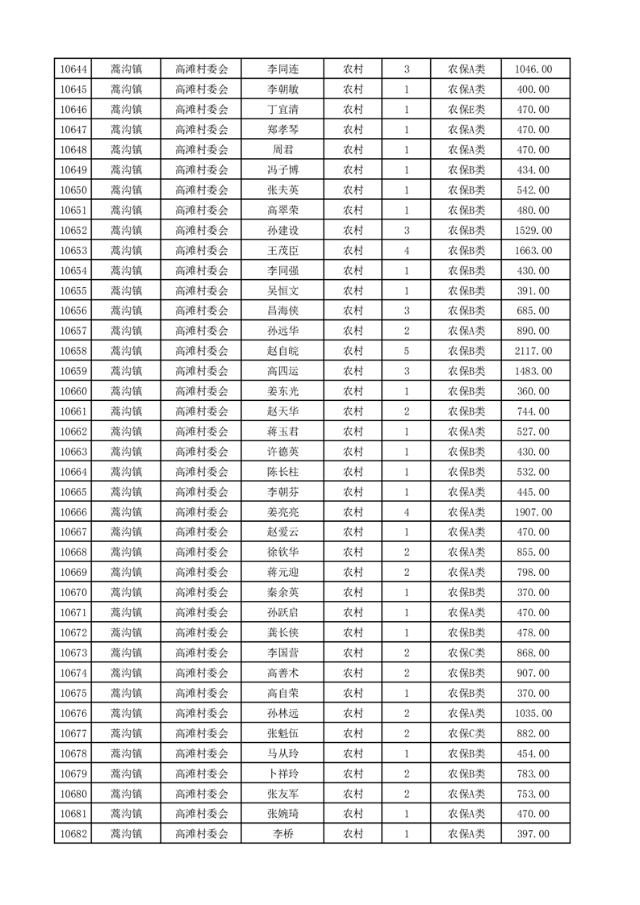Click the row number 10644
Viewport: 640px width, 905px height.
pos(73,69)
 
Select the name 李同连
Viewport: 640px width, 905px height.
pos(282,69)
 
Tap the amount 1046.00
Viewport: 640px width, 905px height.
pos(533,69)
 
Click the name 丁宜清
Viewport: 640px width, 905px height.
pos(282,110)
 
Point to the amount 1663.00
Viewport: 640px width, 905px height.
pos(533,251)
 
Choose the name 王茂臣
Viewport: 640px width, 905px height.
pos(282,251)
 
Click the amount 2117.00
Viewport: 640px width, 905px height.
pos(533,351)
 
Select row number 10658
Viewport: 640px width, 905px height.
pos(73,351)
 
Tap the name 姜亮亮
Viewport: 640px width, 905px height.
pos(282,512)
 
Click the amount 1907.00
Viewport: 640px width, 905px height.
pos(533,512)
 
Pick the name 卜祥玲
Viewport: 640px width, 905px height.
pos(282,774)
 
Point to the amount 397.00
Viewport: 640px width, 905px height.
pos(533,834)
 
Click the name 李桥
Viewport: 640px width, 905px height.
pos(282,834)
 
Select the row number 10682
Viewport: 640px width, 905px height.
pos(73,834)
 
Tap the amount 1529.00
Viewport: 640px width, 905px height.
pos(533,231)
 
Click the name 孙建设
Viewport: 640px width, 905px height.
pos(282,231)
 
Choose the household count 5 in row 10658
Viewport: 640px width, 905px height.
pos(406,351)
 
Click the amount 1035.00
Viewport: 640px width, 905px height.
pos(533,713)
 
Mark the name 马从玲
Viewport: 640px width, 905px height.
pos(282,753)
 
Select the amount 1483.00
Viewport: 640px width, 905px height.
pos(533,371)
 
